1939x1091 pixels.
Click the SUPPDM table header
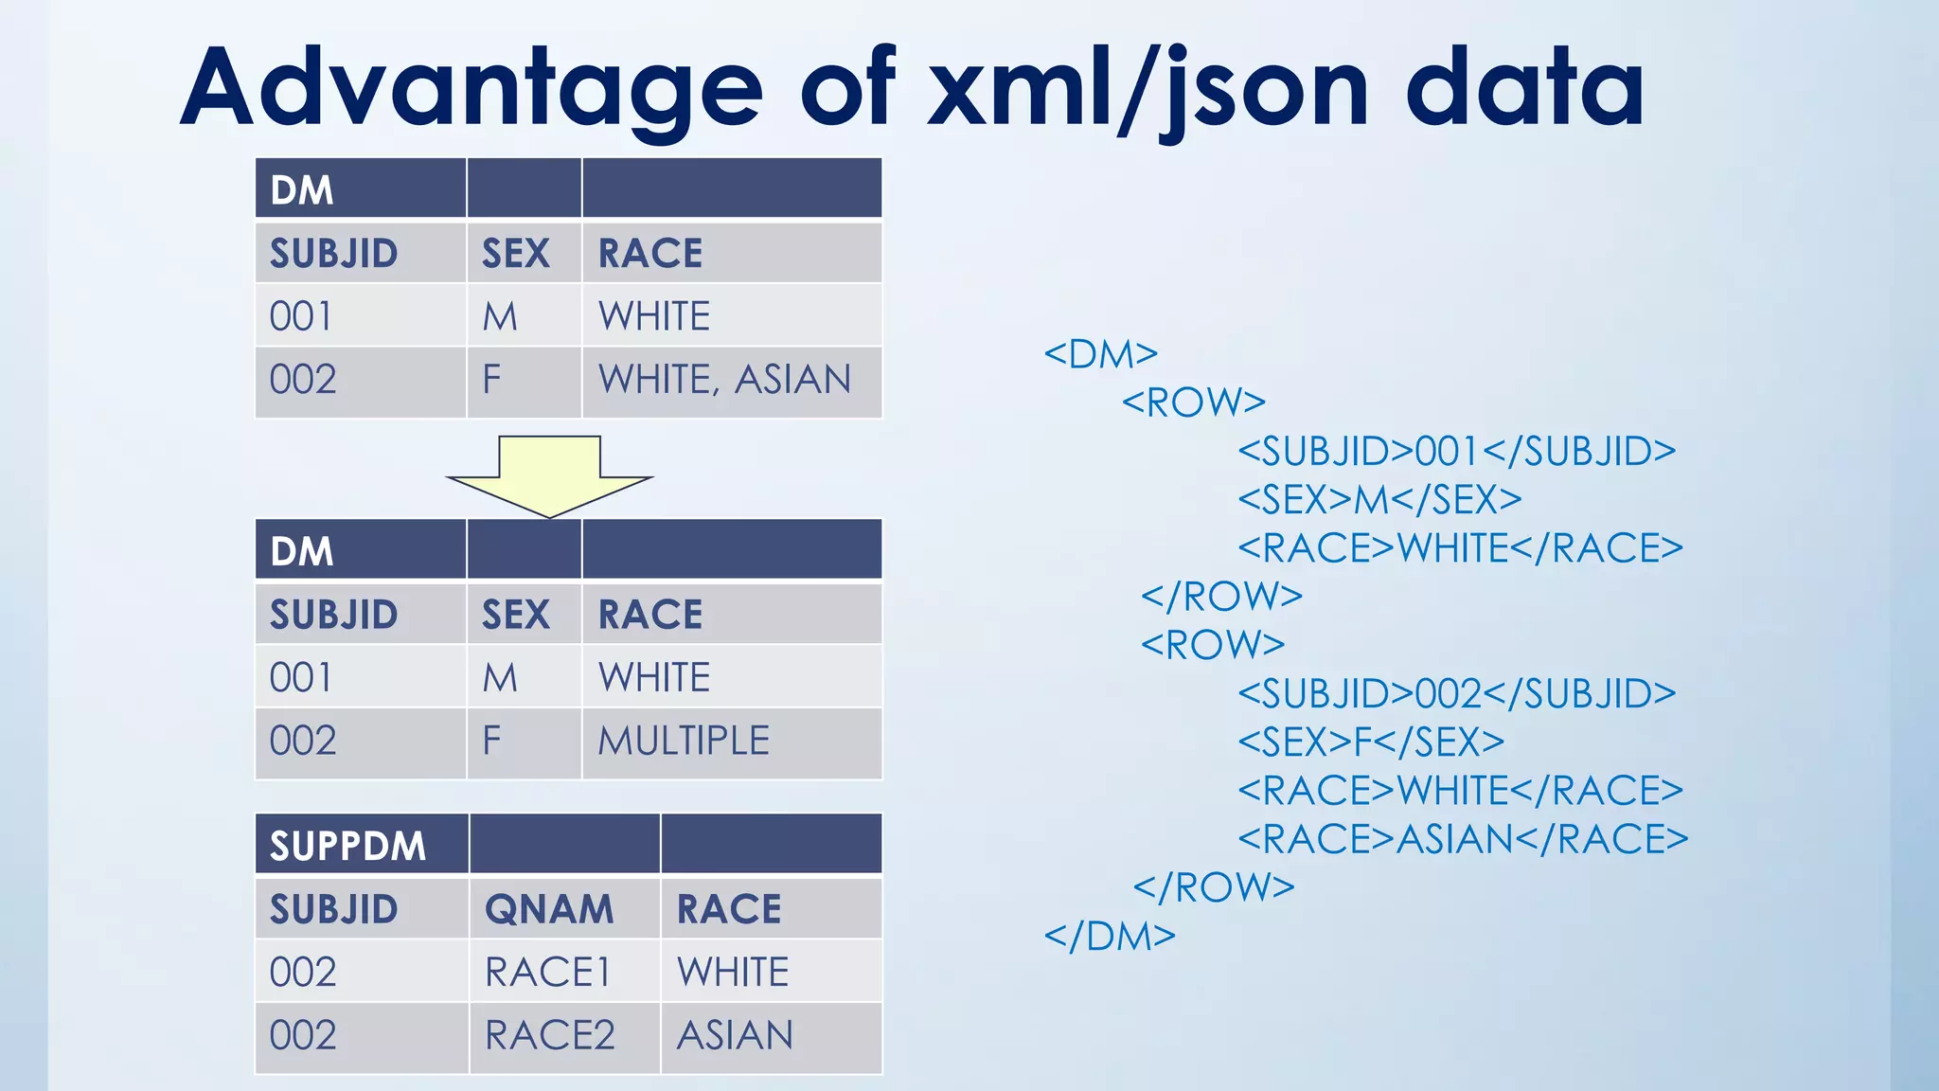(x=348, y=846)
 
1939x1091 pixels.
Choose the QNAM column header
(x=549, y=909)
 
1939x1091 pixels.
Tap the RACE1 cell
(x=548, y=973)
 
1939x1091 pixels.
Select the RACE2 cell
(x=550, y=1035)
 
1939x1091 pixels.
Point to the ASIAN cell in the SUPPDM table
(x=735, y=1035)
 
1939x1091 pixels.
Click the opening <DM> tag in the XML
(x=1100, y=354)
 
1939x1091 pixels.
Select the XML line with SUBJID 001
(x=1456, y=452)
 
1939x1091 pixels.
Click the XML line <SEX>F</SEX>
(x=1370, y=742)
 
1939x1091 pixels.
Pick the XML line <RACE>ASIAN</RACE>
(x=1463, y=839)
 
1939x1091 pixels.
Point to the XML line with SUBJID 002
(x=1456, y=694)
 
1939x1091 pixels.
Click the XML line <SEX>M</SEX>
(x=1379, y=500)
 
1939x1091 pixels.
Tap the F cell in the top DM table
(x=491, y=380)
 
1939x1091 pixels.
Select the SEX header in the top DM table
(x=516, y=254)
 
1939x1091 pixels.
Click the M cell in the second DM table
(x=500, y=678)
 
